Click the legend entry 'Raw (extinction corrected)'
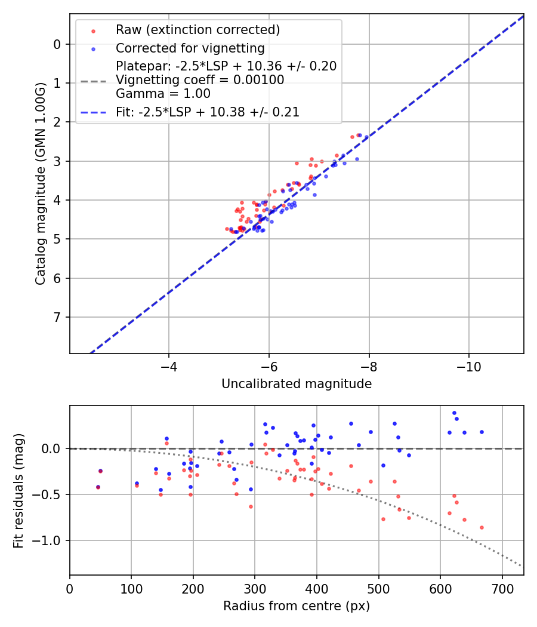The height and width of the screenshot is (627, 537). [197, 30]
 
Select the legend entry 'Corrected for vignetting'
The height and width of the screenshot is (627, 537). [190, 48]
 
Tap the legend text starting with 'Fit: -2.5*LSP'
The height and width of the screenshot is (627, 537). [208, 112]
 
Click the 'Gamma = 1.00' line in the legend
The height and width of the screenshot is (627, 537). [163, 93]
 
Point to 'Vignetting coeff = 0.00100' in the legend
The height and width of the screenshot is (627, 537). [200, 80]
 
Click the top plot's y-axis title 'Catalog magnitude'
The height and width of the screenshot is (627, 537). [41, 184]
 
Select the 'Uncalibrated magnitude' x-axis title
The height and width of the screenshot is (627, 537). [297, 384]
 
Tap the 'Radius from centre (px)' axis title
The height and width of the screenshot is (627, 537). [297, 606]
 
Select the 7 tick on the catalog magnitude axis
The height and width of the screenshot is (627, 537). [57, 317]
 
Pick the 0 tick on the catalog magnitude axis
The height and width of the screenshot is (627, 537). [57, 44]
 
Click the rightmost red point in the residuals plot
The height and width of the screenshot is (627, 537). [482, 527]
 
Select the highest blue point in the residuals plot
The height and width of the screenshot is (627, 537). [454, 413]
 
